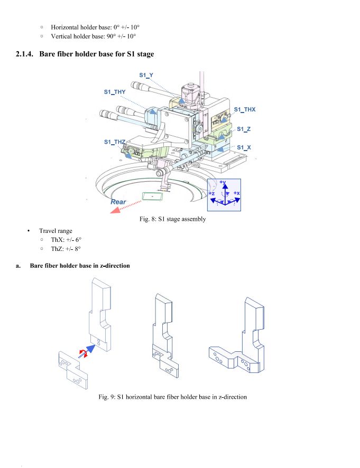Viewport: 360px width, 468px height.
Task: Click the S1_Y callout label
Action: tap(146, 76)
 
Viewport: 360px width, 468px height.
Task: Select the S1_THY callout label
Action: tap(115, 92)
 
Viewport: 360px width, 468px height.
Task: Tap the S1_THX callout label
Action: tap(245, 109)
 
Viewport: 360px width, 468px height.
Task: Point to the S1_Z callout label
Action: tap(244, 129)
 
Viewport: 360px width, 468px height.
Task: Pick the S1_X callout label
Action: tap(244, 147)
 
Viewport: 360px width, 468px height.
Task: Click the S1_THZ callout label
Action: tap(115, 142)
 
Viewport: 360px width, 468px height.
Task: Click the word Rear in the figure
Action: tap(118, 202)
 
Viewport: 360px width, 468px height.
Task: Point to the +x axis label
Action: tap(236, 193)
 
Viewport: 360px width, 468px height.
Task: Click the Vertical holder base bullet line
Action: tap(93, 36)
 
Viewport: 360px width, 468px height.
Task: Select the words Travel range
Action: tap(56, 231)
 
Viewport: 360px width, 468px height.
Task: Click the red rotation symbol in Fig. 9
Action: tap(82, 352)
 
